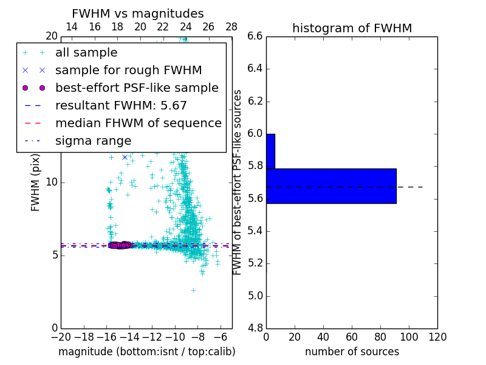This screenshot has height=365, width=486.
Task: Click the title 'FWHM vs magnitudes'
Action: (137, 14)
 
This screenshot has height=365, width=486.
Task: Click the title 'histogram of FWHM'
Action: (352, 28)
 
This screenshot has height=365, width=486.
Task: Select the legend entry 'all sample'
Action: (86, 53)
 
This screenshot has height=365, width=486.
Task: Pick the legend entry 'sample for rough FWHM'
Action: (128, 70)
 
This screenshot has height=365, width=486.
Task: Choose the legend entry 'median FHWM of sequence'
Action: (138, 123)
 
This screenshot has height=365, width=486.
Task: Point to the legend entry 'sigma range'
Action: (93, 141)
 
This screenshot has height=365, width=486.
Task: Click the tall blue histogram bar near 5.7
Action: (331, 186)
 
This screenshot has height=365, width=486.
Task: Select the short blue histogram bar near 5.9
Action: (270, 151)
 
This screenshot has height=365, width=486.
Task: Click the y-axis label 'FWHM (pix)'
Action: (36, 182)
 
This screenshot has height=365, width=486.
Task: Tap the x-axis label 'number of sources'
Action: (352, 352)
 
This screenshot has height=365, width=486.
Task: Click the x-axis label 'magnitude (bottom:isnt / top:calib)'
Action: (146, 352)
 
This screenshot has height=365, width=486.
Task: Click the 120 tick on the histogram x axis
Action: (437, 336)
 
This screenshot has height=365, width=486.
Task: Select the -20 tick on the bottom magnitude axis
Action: (61, 336)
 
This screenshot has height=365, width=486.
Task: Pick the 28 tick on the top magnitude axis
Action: (231, 27)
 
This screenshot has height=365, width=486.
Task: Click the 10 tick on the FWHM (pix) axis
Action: (51, 182)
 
